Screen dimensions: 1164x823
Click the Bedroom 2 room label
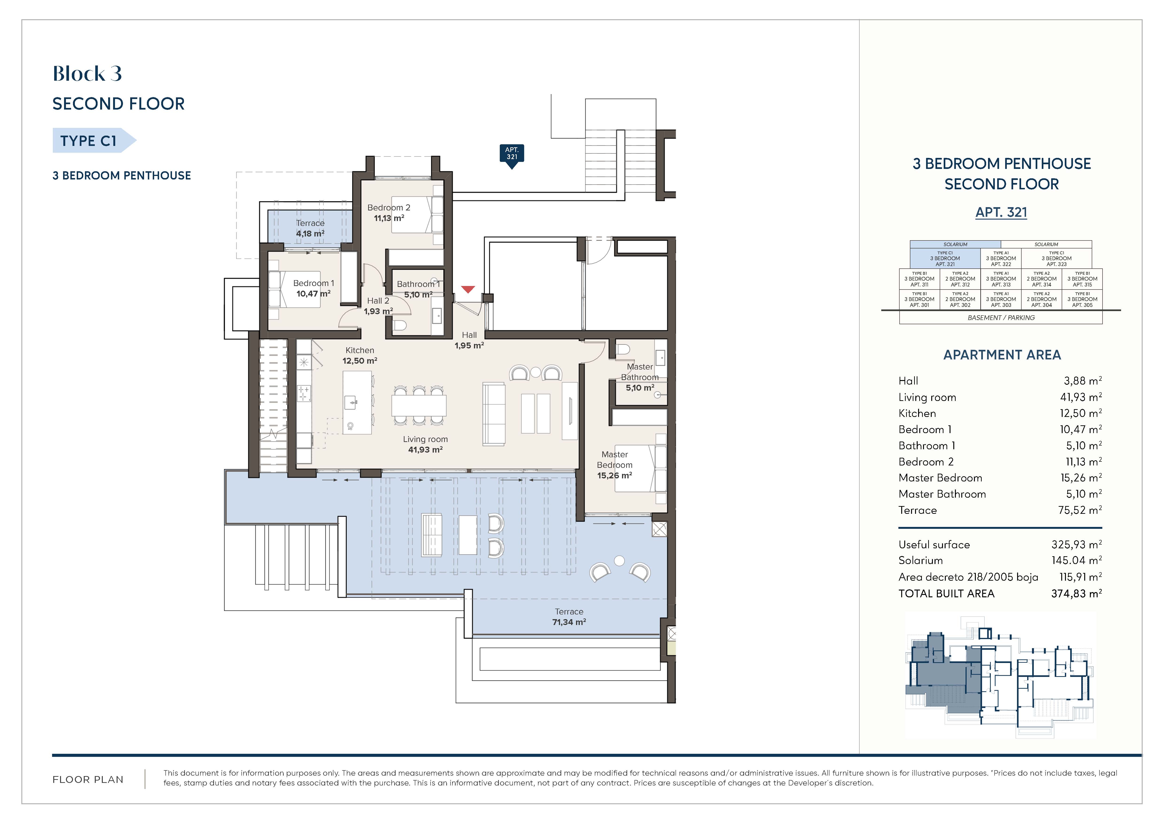pos(389,207)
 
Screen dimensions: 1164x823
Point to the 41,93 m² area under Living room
pos(425,450)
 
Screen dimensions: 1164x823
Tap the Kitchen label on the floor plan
pos(360,350)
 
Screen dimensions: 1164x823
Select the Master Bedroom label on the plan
pos(614,460)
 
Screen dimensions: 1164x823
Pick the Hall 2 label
pos(378,301)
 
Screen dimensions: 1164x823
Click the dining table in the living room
pos(419,405)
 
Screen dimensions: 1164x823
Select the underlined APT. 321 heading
pos(1001,212)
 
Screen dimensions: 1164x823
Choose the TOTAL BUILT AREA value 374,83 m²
pos(1076,593)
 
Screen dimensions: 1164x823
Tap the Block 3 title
pos(87,74)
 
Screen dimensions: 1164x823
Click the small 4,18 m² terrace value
pos(310,234)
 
